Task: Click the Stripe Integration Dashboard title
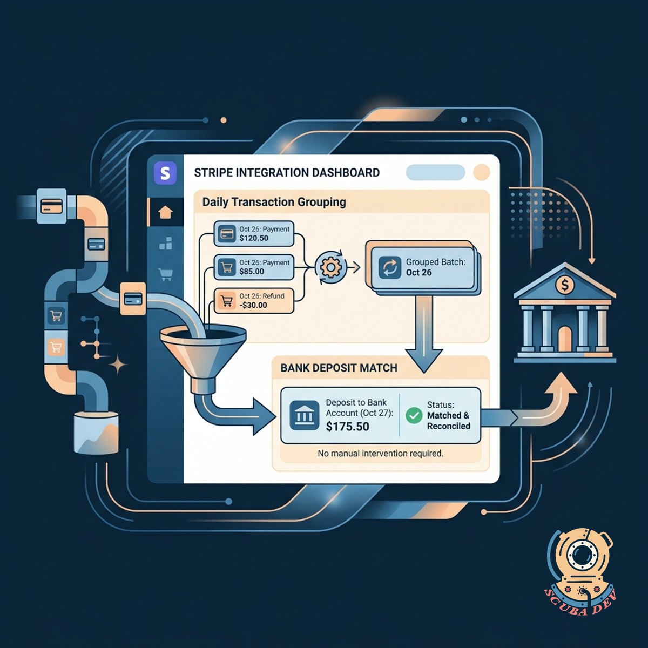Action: tap(287, 173)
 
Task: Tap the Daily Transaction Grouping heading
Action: tap(274, 202)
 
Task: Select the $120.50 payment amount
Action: tap(254, 238)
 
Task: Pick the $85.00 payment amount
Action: tap(252, 271)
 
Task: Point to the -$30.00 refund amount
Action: tap(253, 305)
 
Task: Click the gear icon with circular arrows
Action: tap(330, 267)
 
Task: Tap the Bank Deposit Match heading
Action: tap(339, 368)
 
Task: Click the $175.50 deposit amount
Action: tap(347, 426)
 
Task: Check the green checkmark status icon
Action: tap(414, 416)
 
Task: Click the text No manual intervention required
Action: tap(380, 453)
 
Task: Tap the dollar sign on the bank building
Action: tap(565, 286)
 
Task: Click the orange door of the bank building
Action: tap(565, 338)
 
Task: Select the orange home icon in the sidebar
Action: tap(165, 213)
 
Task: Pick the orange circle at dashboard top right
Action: tap(481, 173)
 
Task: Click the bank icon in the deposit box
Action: tap(304, 416)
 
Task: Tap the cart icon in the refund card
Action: tap(227, 300)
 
